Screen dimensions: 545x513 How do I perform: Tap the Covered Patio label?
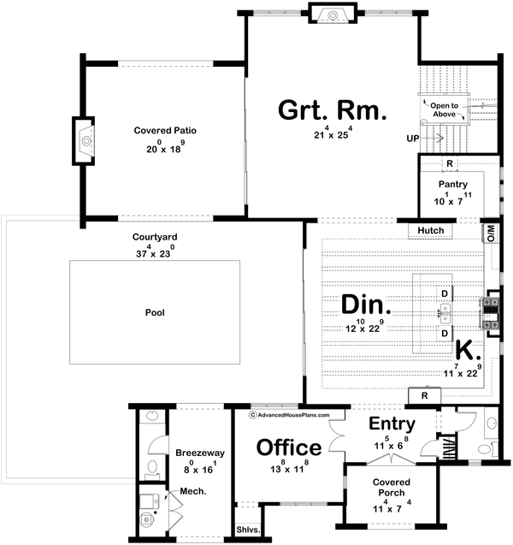(165, 131)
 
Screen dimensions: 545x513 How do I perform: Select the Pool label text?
(154, 312)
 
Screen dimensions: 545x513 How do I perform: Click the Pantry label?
(452, 184)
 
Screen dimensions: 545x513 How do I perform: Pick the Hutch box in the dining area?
(431, 230)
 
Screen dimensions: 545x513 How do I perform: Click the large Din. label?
(366, 305)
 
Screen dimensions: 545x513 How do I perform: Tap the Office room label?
(289, 447)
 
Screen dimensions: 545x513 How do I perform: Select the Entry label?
(392, 424)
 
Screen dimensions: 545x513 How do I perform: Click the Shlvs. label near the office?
(249, 530)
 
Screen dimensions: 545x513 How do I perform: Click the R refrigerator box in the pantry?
(448, 164)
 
